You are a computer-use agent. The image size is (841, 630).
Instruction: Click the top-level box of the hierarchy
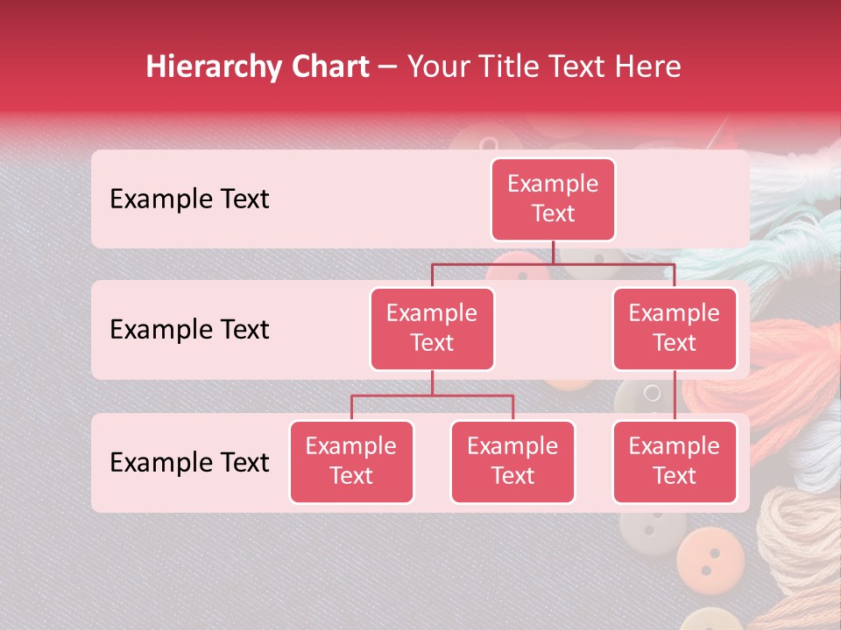click(x=553, y=199)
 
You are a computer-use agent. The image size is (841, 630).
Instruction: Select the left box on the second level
click(x=432, y=328)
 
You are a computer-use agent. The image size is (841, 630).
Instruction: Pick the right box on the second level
click(x=675, y=328)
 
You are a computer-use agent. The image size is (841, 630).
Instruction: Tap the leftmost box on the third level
click(x=351, y=461)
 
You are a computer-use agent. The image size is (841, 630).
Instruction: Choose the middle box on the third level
click(x=512, y=461)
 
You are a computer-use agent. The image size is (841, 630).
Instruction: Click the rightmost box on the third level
click(x=675, y=461)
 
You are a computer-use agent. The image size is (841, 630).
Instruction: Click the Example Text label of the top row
click(x=189, y=199)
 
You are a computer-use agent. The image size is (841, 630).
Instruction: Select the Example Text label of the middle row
click(x=189, y=330)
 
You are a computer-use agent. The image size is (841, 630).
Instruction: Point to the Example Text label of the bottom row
click(x=189, y=462)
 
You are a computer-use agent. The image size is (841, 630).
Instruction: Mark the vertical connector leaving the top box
click(x=553, y=252)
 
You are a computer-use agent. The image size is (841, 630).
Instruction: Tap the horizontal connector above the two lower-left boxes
click(x=432, y=395)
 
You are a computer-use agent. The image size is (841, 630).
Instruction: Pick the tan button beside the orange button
click(x=651, y=528)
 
